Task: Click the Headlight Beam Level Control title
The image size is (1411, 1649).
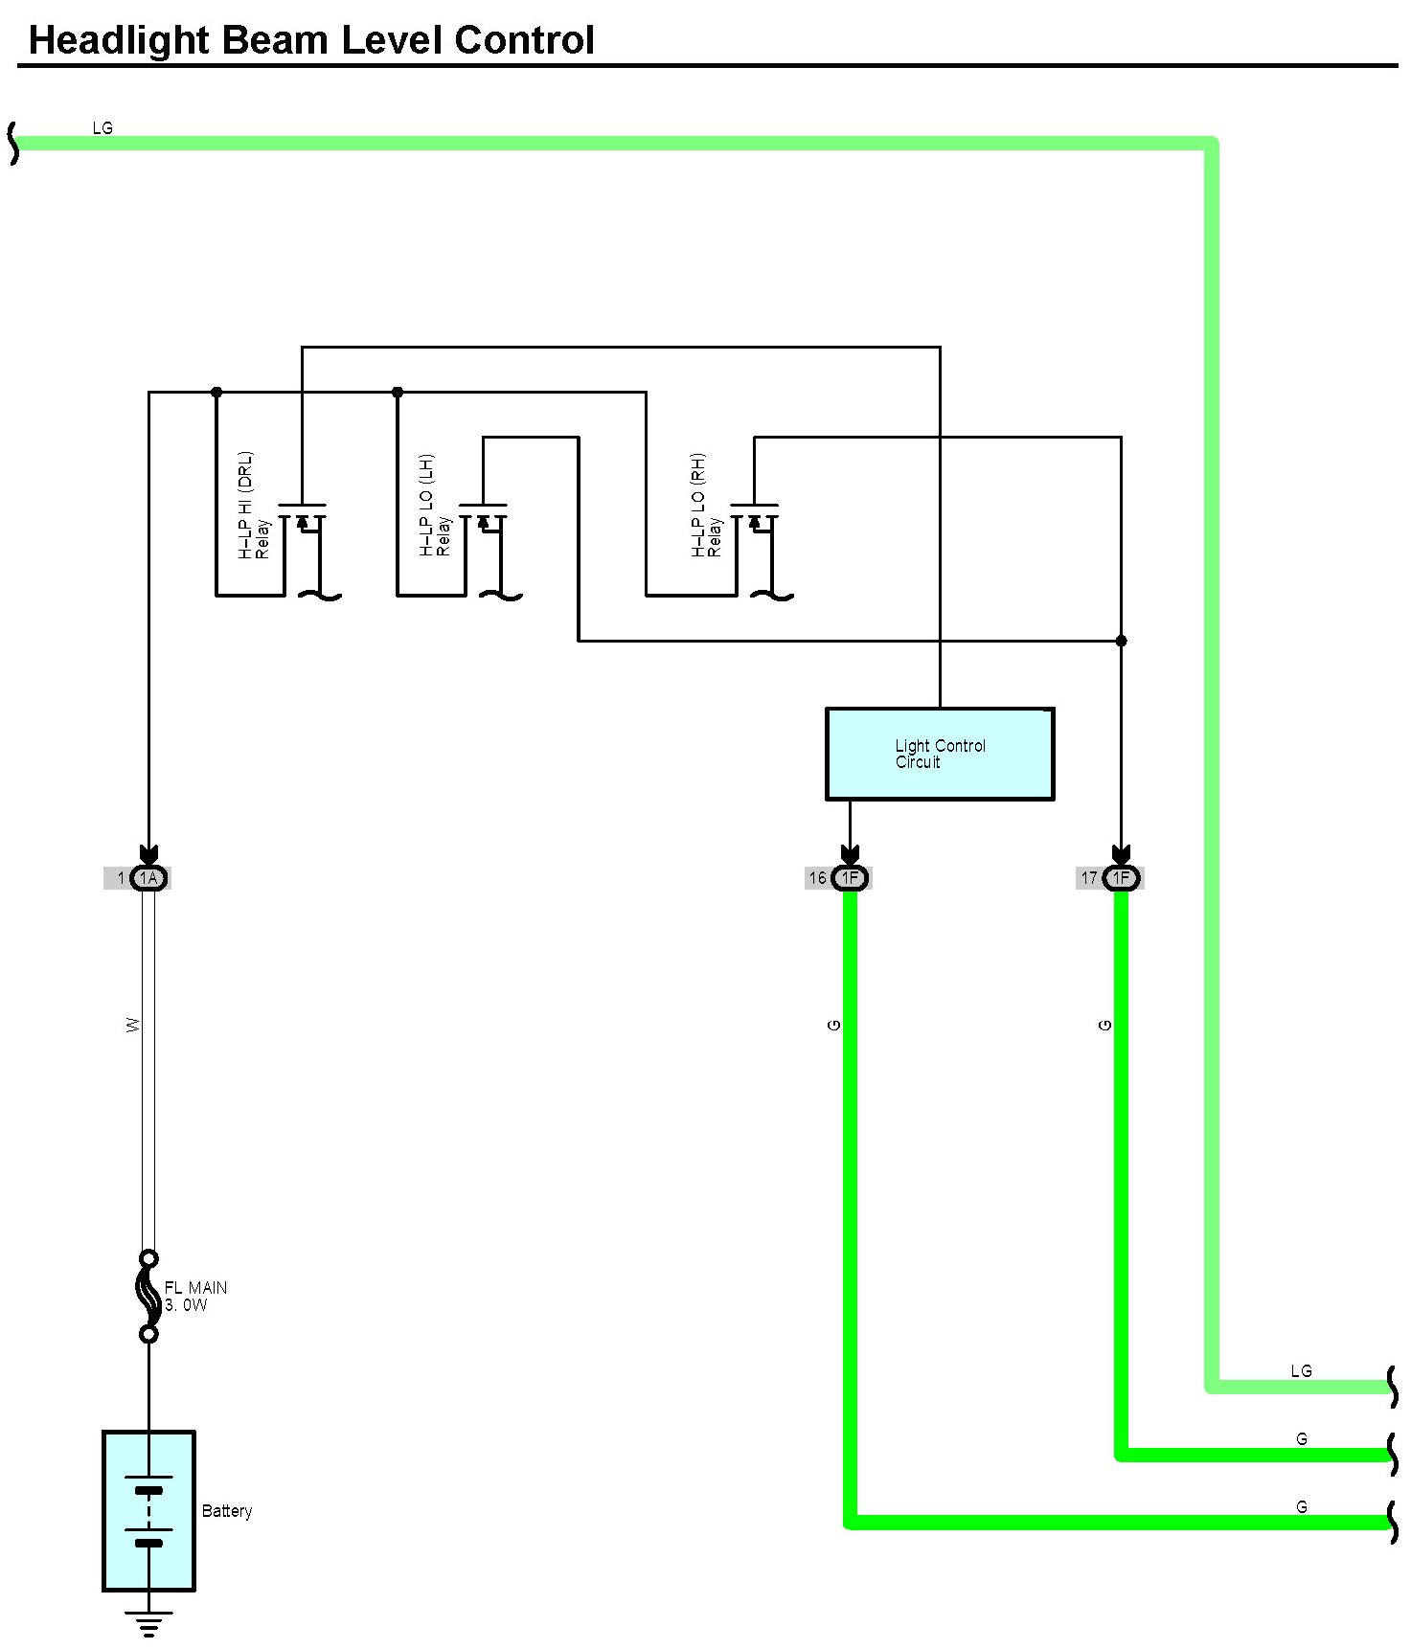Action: (311, 40)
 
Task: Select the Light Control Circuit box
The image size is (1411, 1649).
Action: (939, 754)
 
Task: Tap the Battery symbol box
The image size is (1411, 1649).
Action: (148, 1510)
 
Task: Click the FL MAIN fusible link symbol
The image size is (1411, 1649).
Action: (148, 1296)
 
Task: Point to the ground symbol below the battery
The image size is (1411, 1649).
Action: (148, 1624)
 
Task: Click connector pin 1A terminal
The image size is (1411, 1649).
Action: (148, 878)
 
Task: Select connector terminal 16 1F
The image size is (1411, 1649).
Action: (849, 878)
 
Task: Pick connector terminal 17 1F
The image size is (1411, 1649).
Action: (1121, 878)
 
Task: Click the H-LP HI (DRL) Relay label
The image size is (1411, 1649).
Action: (254, 506)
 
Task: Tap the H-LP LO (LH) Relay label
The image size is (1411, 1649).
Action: (435, 506)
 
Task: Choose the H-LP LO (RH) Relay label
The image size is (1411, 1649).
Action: (706, 506)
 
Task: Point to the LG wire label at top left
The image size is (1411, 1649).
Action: (102, 127)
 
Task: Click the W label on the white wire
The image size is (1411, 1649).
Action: (133, 1025)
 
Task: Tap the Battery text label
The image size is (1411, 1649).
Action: (227, 1511)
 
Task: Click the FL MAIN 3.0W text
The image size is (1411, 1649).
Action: (195, 1297)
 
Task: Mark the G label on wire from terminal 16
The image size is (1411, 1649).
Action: (833, 1026)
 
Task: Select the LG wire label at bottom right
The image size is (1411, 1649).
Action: (1301, 1371)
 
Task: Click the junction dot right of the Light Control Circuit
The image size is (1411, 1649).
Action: (1121, 641)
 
